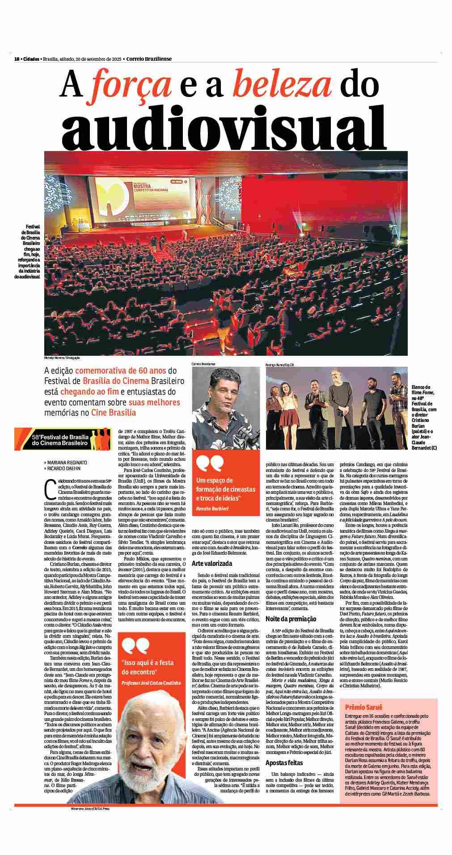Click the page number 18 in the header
click(17, 59)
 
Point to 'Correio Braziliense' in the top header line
click(149, 59)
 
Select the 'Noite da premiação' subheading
click(291, 619)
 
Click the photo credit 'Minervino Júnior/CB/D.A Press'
click(89, 809)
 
